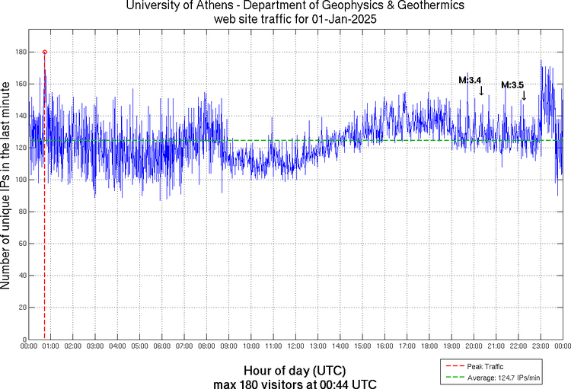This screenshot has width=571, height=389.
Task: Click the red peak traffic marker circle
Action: pyautogui.click(x=45, y=52)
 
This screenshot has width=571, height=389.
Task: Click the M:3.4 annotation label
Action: pyautogui.click(x=470, y=80)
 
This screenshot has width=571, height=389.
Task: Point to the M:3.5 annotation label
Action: pyautogui.click(x=512, y=85)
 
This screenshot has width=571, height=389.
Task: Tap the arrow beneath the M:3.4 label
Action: pyautogui.click(x=481, y=91)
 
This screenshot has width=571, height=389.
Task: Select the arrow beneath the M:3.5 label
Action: pyautogui.click(x=524, y=96)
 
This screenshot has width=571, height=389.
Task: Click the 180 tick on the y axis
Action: pyautogui.click(x=19, y=52)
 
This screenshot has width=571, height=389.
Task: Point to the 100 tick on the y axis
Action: pyautogui.click(x=19, y=180)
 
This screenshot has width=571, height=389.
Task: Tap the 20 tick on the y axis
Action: pyautogui.click(x=21, y=307)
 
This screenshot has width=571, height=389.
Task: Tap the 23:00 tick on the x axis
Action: pyautogui.click(x=541, y=346)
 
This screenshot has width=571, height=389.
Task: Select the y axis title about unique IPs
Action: pyautogui.click(x=7, y=187)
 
